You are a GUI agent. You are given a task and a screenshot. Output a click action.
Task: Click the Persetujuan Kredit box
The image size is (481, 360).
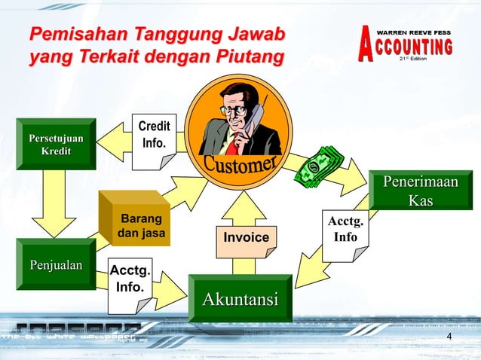pos(56,145)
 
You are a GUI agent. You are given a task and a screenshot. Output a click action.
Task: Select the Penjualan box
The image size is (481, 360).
pos(56,264)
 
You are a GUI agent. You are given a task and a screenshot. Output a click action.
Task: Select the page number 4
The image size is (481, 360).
pos(450,336)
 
